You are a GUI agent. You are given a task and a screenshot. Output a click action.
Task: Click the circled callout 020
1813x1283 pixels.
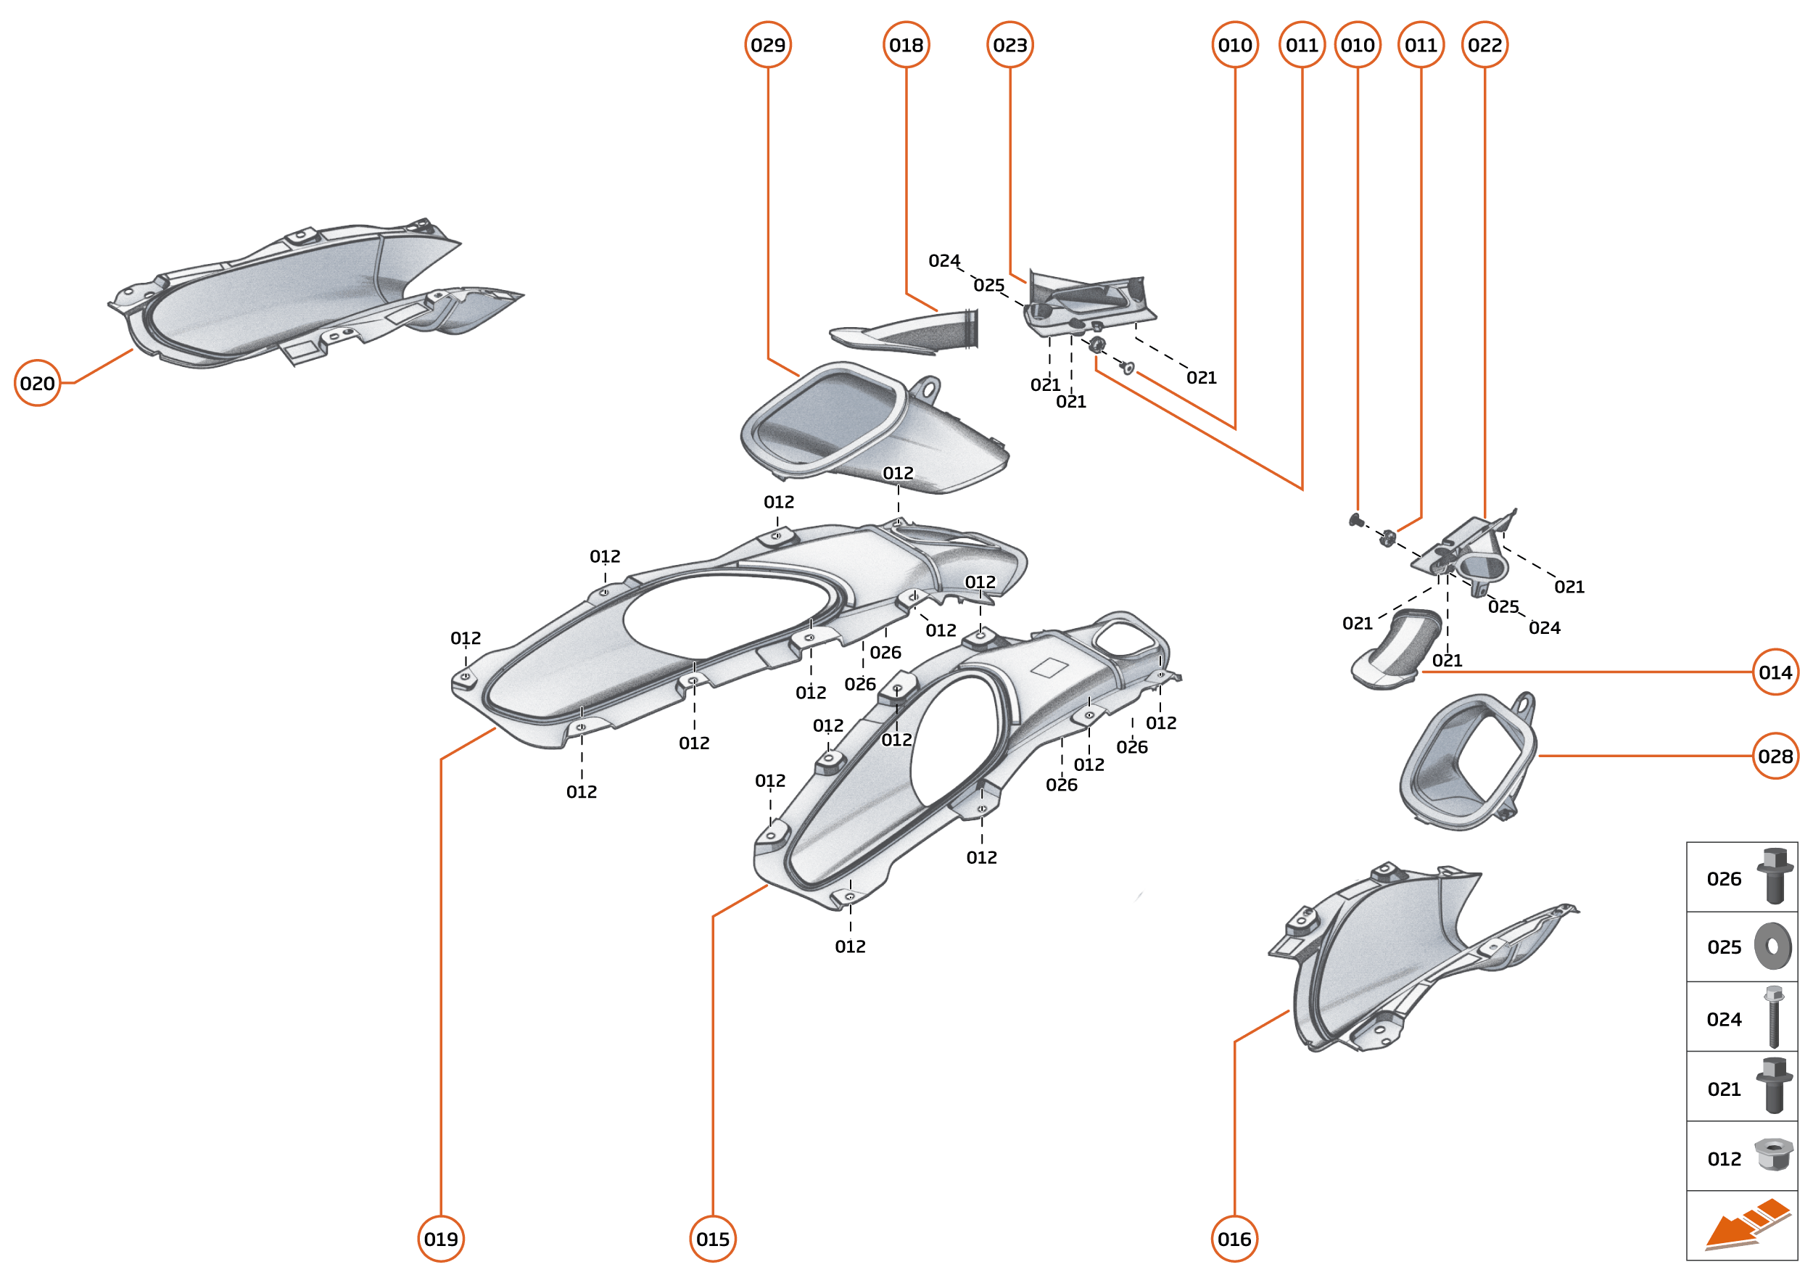coord(37,383)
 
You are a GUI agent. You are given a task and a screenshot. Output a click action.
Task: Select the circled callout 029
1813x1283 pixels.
coord(768,45)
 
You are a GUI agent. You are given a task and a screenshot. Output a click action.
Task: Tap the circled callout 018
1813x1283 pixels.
coord(906,45)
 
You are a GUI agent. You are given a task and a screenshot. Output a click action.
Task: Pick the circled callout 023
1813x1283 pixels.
coord(1009,45)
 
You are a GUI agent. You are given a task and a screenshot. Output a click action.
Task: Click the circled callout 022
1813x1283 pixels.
coord(1484,45)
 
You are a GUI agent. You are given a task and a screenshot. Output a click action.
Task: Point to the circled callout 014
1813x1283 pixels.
coord(1775,672)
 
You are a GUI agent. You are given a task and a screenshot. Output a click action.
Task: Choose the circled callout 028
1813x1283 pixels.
coord(1775,756)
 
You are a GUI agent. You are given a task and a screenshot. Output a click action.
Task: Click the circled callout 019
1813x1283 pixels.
coord(441,1239)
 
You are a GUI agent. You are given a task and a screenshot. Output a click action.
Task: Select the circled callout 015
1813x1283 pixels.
coord(713,1239)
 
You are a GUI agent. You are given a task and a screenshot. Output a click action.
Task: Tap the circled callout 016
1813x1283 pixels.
coord(1234,1239)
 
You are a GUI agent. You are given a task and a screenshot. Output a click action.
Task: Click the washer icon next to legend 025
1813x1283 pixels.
coord(1772,946)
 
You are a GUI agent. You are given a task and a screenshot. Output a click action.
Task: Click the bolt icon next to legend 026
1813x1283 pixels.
coord(1774,875)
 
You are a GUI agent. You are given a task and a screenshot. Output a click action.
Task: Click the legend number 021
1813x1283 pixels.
coord(1724,1089)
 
